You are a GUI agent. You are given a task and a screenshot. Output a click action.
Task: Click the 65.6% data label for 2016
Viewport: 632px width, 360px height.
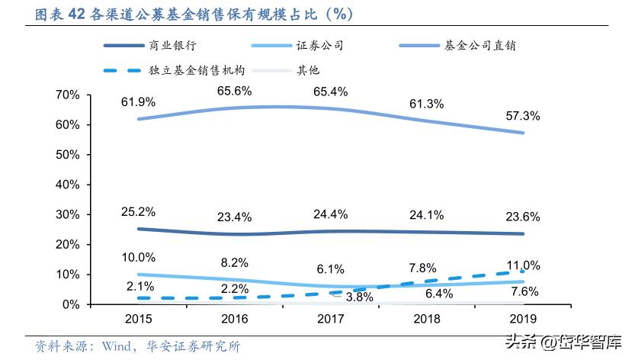234,91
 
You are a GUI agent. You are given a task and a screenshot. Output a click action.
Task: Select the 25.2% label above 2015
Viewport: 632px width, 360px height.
138,211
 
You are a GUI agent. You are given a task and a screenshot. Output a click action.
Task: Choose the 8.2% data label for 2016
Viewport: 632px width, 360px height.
234,262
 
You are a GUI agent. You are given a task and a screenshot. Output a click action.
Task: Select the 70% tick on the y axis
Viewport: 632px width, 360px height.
68,95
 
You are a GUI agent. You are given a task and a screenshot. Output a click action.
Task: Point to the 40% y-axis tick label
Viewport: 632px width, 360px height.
68,185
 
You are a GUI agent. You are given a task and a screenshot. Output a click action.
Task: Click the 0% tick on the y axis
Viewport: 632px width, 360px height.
71,304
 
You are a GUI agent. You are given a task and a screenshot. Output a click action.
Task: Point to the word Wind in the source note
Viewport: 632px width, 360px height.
107,347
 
